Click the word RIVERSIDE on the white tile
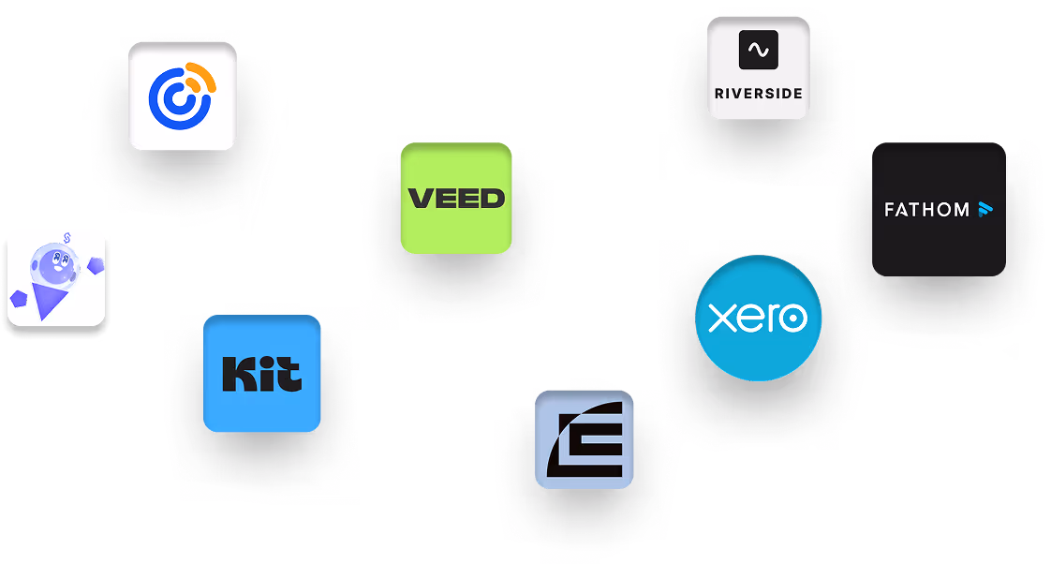(x=758, y=94)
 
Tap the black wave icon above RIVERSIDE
(x=758, y=51)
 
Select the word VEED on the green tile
(x=456, y=199)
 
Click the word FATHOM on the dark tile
(x=926, y=210)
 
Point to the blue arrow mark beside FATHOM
(x=984, y=209)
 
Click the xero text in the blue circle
(x=758, y=319)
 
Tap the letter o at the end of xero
(x=793, y=319)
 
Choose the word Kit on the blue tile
(x=262, y=374)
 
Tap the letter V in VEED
(x=420, y=199)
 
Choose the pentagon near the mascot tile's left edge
(x=21, y=299)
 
